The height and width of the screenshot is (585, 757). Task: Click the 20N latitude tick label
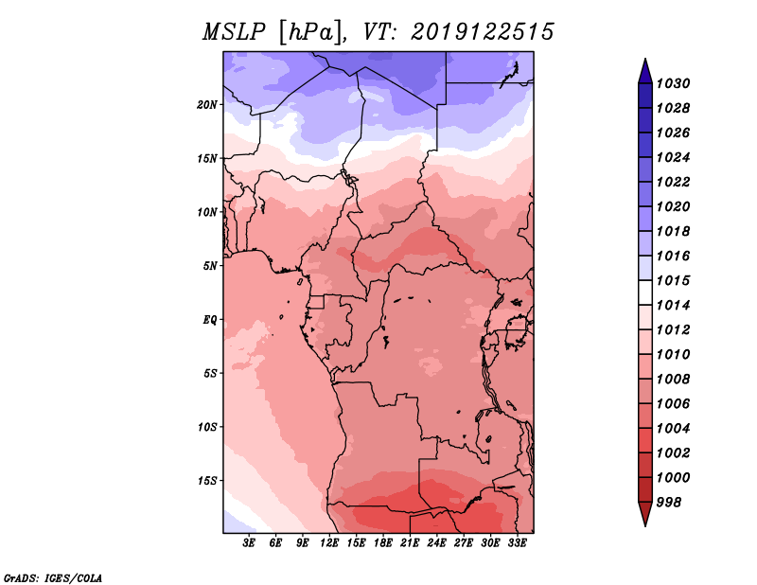pyautogui.click(x=207, y=105)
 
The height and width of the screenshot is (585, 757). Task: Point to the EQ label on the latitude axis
pyautogui.click(x=210, y=320)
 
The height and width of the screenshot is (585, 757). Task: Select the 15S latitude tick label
pyautogui.click(x=207, y=481)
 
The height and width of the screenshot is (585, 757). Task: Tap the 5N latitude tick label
pyautogui.click(x=210, y=266)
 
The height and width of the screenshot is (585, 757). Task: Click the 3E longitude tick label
pyautogui.click(x=249, y=543)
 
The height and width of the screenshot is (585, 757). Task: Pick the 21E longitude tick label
pyautogui.click(x=410, y=543)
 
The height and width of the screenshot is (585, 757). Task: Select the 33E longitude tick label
pyautogui.click(x=517, y=543)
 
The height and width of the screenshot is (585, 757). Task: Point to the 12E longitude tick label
pyautogui.click(x=328, y=543)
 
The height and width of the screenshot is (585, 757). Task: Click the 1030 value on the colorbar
pyautogui.click(x=674, y=83)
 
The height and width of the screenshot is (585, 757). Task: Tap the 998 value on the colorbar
pyautogui.click(x=669, y=503)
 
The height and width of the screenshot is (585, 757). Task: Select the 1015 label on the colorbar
pyautogui.click(x=674, y=280)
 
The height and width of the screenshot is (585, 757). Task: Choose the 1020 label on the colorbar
pyautogui.click(x=674, y=206)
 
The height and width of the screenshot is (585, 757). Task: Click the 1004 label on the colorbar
pyautogui.click(x=674, y=429)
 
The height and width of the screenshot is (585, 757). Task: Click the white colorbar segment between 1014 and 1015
pyautogui.click(x=645, y=292)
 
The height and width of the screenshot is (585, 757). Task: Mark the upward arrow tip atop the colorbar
pyautogui.click(x=645, y=59)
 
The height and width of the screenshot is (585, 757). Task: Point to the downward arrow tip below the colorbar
pyautogui.click(x=645, y=525)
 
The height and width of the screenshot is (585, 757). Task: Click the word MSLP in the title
pyautogui.click(x=234, y=32)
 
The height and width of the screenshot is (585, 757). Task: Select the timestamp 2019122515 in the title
pyautogui.click(x=483, y=32)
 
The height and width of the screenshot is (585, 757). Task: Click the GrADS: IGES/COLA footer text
pyautogui.click(x=53, y=578)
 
